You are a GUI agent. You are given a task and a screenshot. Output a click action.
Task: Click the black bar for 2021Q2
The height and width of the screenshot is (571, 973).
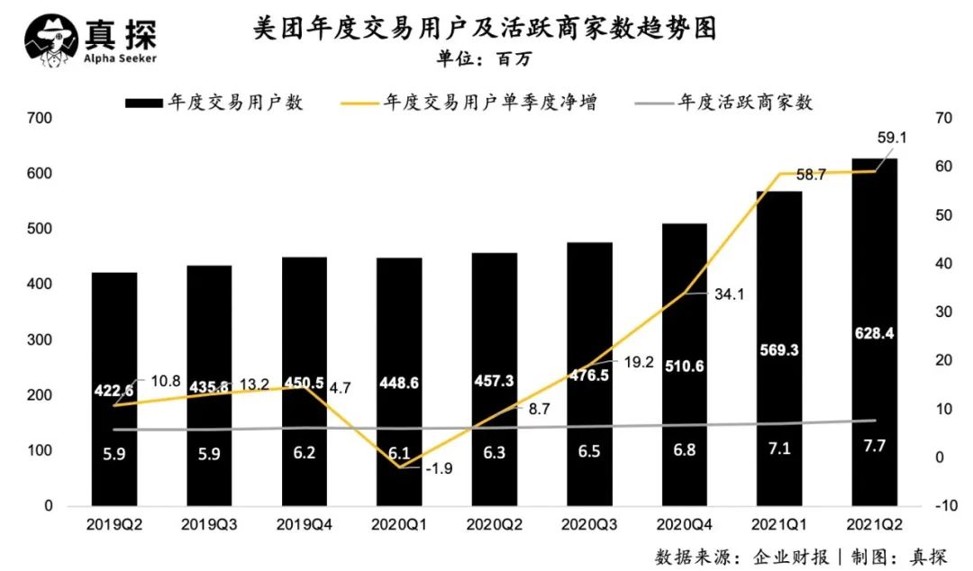875,270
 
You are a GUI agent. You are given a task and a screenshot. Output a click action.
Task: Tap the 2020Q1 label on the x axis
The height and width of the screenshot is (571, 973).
399,523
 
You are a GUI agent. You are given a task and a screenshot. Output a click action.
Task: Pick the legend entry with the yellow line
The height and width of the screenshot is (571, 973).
468,103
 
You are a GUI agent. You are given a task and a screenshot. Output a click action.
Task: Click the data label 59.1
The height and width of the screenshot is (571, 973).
891,137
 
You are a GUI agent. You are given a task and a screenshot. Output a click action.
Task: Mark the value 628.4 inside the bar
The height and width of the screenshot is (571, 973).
875,334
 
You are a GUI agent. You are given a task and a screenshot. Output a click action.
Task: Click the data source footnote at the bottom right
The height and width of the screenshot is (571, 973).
801,555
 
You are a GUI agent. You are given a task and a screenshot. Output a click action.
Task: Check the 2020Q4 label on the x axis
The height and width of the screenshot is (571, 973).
684,523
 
